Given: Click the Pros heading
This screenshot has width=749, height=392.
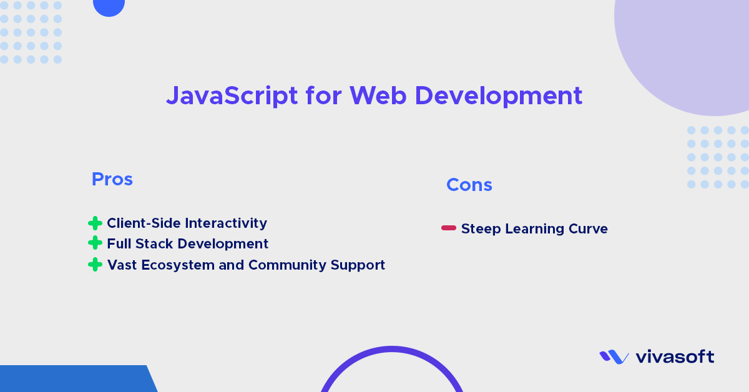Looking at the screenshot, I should pyautogui.click(x=112, y=180).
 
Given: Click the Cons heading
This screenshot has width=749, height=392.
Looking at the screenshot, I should pyautogui.click(x=469, y=185).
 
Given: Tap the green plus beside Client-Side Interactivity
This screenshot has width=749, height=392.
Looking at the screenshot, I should pyautogui.click(x=95, y=223).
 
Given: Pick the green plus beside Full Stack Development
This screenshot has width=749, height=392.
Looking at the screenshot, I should pyautogui.click(x=95, y=243).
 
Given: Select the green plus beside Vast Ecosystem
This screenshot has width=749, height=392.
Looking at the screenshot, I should pyautogui.click(x=95, y=265).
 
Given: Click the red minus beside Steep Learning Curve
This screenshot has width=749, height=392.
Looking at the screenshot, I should pyautogui.click(x=449, y=228).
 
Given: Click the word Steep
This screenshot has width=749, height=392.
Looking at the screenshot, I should pyautogui.click(x=481, y=229).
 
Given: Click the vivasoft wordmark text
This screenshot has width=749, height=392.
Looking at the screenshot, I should pyautogui.click(x=674, y=357).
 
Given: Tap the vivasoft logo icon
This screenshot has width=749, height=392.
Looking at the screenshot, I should pyautogui.click(x=614, y=357).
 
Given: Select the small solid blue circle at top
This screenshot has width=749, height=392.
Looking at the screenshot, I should pyautogui.click(x=109, y=6).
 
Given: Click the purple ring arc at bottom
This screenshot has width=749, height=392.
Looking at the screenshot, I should pyautogui.click(x=392, y=350).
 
